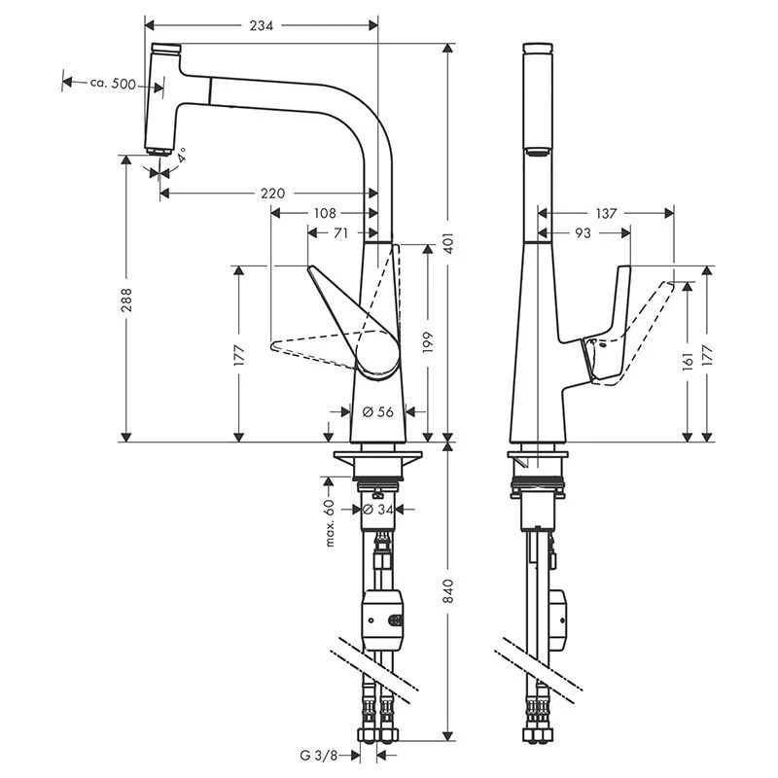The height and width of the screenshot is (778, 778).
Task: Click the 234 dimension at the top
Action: (x=261, y=26)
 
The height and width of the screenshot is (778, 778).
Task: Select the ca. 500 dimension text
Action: (x=113, y=84)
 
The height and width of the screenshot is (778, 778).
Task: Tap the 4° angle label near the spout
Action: (x=181, y=155)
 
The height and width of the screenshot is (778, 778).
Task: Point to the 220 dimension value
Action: (x=273, y=193)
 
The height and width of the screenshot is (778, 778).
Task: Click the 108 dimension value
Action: (x=325, y=213)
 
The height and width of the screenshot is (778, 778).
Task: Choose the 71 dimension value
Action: (x=340, y=232)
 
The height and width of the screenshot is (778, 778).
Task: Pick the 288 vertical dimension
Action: (x=126, y=300)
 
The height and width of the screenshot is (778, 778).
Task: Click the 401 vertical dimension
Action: (x=448, y=243)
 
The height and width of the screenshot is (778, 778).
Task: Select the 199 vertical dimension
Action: (x=428, y=342)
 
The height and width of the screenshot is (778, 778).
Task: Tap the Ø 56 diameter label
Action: (x=377, y=411)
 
